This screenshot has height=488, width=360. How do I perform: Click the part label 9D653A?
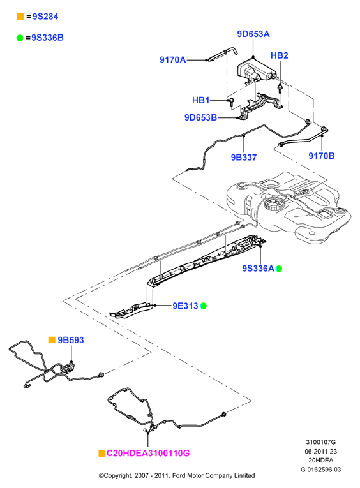pyautogui.click(x=253, y=34)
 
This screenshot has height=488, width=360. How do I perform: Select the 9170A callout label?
pyautogui.click(x=172, y=60)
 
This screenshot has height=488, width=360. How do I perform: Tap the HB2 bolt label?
pyautogui.click(x=280, y=55)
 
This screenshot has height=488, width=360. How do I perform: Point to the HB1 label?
pyautogui.click(x=201, y=100)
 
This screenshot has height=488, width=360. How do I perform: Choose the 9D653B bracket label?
pyautogui.click(x=200, y=117)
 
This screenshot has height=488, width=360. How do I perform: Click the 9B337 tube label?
pyautogui.click(x=244, y=158)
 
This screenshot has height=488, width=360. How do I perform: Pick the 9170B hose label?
pyautogui.click(x=322, y=156)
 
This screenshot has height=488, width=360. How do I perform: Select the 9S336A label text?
pyautogui.click(x=258, y=269)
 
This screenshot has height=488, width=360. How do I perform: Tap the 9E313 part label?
pyautogui.click(x=185, y=306)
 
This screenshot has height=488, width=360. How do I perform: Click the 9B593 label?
pyautogui.click(x=71, y=340)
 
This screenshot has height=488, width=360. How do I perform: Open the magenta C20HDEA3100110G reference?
pyautogui.click(x=148, y=453)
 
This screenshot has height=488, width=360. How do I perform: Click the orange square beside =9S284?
pyautogui.click(x=20, y=17)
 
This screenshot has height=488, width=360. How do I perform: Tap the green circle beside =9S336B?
pyautogui.click(x=20, y=38)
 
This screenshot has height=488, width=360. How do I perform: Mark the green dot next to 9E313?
pyautogui.click(x=204, y=306)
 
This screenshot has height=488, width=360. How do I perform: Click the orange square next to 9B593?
pyautogui.click(x=52, y=340)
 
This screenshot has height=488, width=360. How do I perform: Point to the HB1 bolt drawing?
pyautogui.click(x=232, y=102)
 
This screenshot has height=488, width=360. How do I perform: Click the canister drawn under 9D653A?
pyautogui.click(x=256, y=71)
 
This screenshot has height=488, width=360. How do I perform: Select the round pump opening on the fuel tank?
pyautogui.click(x=273, y=204)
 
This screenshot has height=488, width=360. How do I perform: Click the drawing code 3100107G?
pyautogui.click(x=321, y=442)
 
